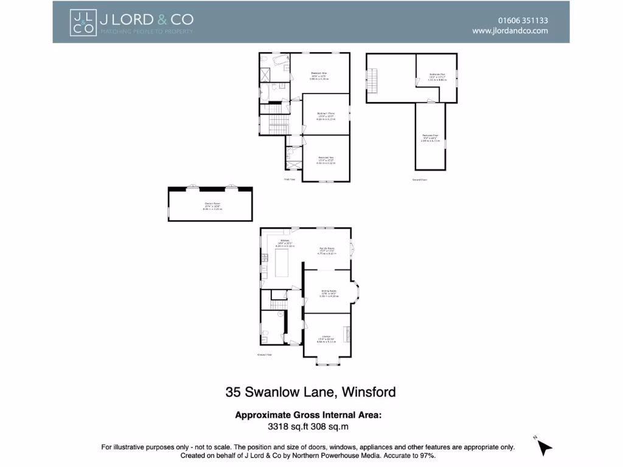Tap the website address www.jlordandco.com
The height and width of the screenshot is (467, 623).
coord(510,31)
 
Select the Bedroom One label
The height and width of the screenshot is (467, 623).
coord(319,74)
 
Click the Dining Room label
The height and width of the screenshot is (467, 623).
coord(329,292)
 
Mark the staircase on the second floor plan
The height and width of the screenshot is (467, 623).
coord(373,81)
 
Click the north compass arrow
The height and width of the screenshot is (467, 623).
coord(544,448)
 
